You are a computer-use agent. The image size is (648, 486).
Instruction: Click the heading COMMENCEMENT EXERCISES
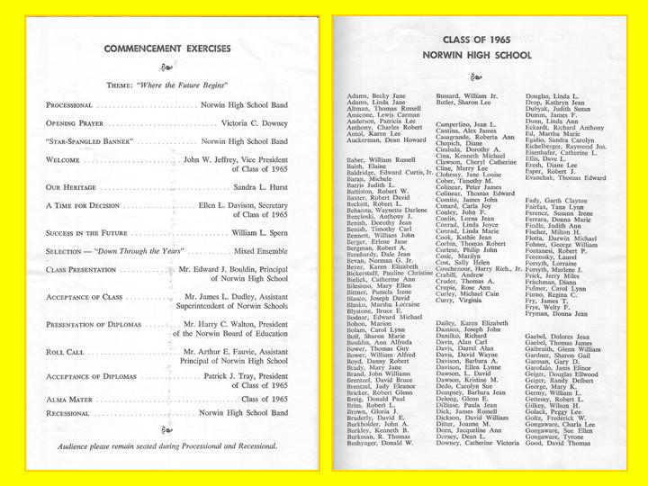167,49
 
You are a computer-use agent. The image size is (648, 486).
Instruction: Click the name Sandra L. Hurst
260,186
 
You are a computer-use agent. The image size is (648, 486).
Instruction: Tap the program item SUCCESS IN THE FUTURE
95,232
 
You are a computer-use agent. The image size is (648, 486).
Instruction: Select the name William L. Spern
260,232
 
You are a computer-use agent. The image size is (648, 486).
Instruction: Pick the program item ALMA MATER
71,399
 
